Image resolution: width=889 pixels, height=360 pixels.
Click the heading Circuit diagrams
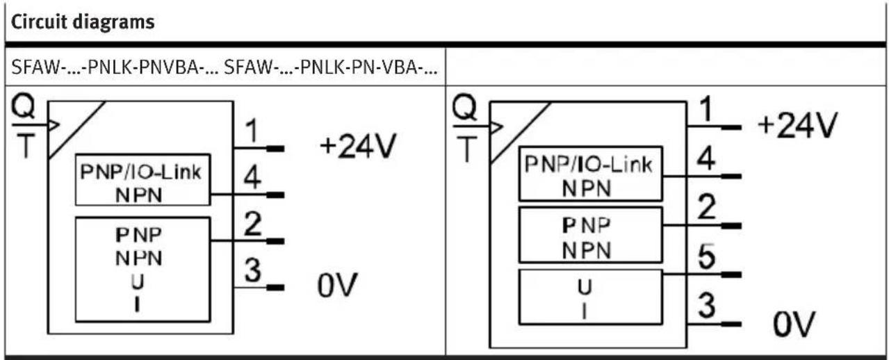click(x=83, y=22)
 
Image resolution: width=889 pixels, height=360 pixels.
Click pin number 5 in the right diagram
click(x=707, y=256)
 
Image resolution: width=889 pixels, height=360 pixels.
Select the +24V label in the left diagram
click(x=358, y=146)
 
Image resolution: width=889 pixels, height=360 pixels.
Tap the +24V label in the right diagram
click(x=798, y=125)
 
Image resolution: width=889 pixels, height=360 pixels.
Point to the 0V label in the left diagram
click(x=337, y=285)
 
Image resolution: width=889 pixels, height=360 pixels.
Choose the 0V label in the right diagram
click(x=794, y=323)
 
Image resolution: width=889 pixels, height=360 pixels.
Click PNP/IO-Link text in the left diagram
click(x=141, y=172)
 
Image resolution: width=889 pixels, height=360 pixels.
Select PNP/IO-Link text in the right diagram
click(x=589, y=164)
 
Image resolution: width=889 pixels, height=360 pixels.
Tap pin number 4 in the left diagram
click(x=252, y=177)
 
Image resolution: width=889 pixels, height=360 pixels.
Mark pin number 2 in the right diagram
click(x=707, y=206)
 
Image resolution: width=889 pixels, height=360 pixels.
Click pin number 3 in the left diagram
click(x=253, y=270)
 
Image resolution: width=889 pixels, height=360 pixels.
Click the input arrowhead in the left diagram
click(x=54, y=125)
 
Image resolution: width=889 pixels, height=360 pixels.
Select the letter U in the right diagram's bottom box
click(x=585, y=287)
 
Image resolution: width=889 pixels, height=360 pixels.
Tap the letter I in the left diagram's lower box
click(x=138, y=305)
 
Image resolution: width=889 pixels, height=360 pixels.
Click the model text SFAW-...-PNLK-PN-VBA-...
click(x=330, y=67)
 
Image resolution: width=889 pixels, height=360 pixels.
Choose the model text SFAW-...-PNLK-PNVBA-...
click(x=115, y=67)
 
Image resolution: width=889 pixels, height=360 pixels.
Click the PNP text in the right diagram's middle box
click(x=586, y=225)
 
